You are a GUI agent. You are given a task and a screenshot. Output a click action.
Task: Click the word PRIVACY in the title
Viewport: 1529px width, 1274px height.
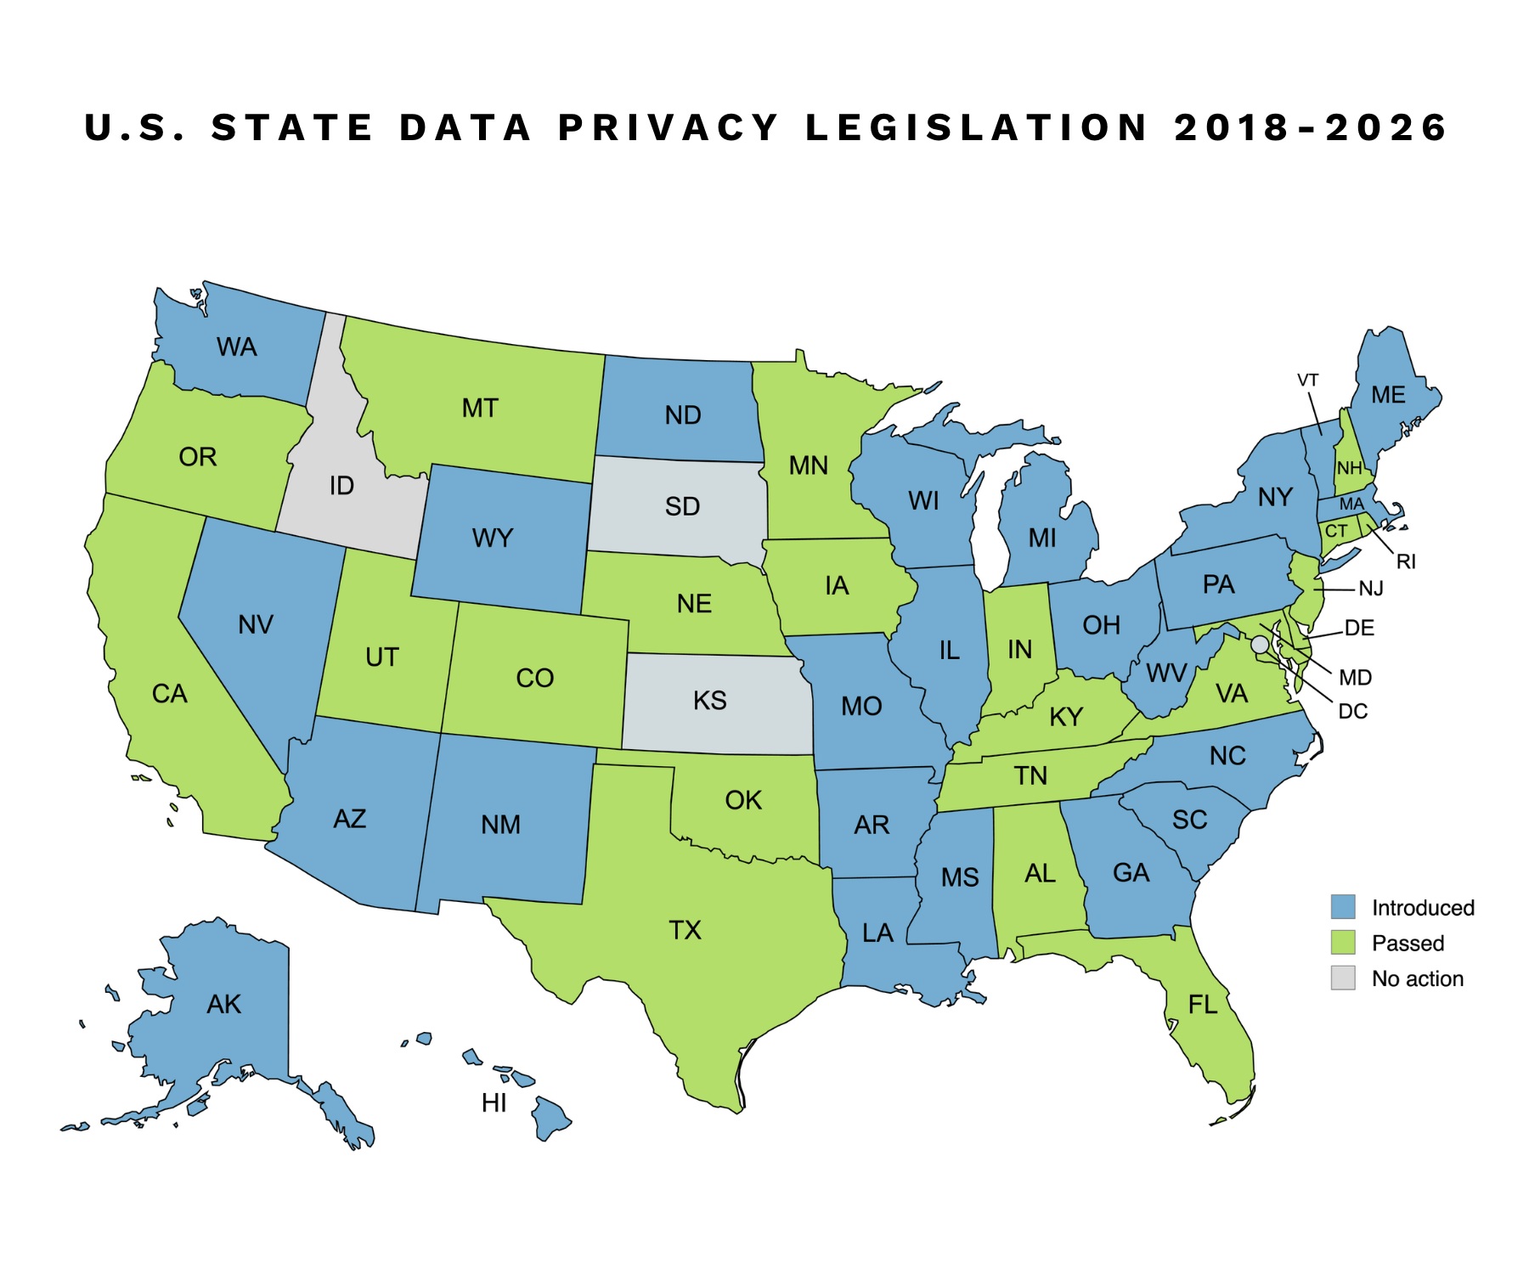669,127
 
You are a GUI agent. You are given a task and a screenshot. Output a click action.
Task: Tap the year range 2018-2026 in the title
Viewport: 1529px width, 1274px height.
1311,127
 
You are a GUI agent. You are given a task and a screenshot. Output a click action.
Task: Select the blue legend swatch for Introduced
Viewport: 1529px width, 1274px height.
1343,907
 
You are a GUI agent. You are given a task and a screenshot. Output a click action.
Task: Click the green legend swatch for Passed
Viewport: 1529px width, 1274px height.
1343,943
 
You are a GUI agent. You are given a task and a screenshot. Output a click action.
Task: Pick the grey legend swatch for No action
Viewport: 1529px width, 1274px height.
1343,978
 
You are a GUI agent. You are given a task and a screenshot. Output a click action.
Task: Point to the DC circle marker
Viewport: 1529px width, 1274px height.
1260,645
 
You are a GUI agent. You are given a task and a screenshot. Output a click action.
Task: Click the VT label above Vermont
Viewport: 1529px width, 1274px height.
1307,380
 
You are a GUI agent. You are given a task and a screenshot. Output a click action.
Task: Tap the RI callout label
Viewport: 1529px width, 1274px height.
1406,561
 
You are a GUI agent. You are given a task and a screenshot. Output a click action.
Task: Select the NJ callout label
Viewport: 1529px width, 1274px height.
1371,589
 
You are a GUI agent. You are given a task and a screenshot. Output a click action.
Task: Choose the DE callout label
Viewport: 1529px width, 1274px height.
1359,628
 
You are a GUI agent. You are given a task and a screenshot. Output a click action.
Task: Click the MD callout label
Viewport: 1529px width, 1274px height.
1355,677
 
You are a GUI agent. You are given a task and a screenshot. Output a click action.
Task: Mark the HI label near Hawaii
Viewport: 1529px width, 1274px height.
494,1102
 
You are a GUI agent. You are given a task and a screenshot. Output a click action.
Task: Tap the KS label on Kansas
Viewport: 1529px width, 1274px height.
709,701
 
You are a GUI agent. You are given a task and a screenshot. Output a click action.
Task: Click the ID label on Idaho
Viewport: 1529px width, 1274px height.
341,486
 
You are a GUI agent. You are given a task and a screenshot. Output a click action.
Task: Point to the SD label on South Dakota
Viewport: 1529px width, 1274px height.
682,506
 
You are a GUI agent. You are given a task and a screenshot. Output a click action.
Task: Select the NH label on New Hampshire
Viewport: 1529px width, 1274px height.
1349,468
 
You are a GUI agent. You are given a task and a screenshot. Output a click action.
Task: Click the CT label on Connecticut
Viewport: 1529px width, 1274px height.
1336,532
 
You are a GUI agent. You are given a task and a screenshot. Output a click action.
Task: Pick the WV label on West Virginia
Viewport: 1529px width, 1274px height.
1166,674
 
